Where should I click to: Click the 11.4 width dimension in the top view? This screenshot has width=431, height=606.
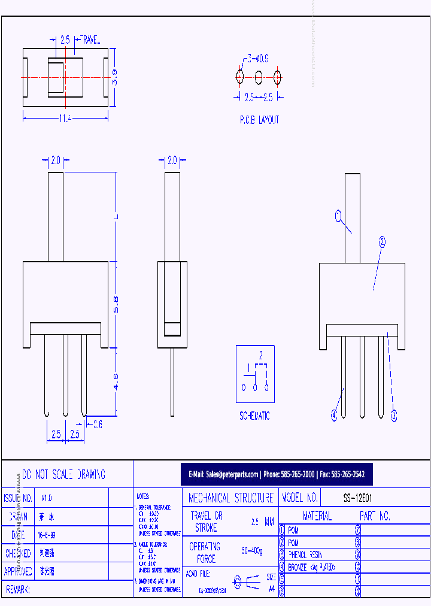(65, 119)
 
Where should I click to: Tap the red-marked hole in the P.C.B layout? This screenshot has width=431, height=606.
(240, 77)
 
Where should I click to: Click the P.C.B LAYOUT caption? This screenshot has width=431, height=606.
(259, 120)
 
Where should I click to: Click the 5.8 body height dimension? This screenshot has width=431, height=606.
(117, 305)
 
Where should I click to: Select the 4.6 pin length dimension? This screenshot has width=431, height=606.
(117, 381)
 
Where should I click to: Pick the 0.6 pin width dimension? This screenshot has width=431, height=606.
(97, 424)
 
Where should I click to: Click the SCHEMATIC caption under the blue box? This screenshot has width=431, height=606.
(254, 416)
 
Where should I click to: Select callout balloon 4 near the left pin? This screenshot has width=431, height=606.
(334, 414)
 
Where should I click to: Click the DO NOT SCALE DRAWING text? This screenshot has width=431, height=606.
(63, 474)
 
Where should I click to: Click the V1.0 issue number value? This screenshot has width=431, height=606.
(47, 498)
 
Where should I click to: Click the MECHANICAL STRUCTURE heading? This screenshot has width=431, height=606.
(230, 498)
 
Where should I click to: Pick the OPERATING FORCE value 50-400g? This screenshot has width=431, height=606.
(253, 550)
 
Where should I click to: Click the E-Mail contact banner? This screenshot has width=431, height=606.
(276, 474)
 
